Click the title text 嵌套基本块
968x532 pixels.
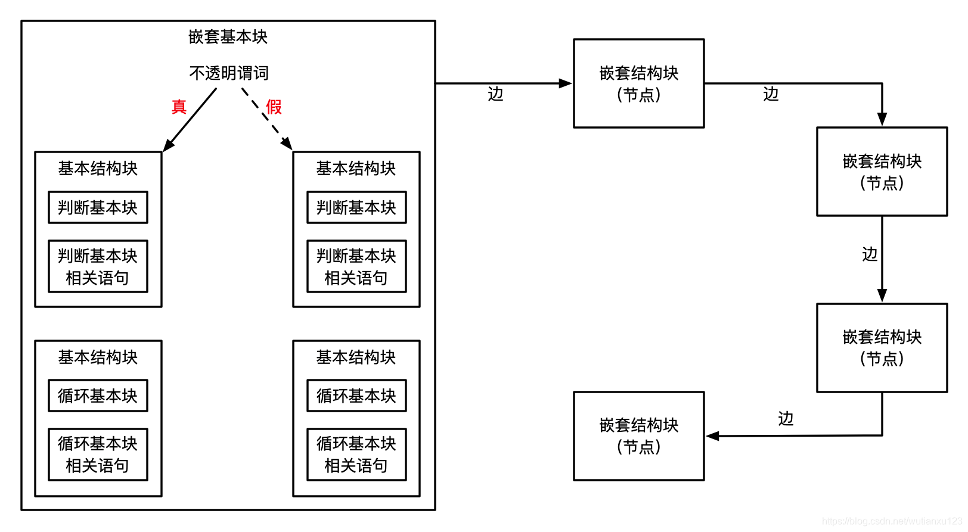(x=228, y=37)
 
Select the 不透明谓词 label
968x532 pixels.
(x=229, y=73)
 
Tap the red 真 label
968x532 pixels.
(x=179, y=107)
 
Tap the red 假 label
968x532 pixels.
(x=274, y=107)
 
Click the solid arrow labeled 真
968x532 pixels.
(x=190, y=120)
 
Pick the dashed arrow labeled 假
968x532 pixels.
(x=266, y=119)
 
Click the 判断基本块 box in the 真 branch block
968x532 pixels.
(x=98, y=207)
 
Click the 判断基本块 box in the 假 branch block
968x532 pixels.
(x=356, y=207)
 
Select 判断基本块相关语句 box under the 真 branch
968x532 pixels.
(x=98, y=266)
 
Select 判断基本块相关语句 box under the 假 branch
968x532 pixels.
(x=356, y=266)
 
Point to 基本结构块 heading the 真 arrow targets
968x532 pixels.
(x=98, y=169)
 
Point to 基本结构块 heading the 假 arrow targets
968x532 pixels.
(x=356, y=169)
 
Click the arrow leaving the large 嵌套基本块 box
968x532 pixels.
(x=504, y=83)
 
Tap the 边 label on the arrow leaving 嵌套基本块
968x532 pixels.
(x=495, y=94)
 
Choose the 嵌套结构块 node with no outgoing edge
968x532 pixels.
(x=638, y=436)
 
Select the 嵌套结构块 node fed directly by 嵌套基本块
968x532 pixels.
(x=638, y=83)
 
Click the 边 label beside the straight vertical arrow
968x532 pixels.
(x=870, y=254)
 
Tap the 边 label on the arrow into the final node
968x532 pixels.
(x=786, y=419)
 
